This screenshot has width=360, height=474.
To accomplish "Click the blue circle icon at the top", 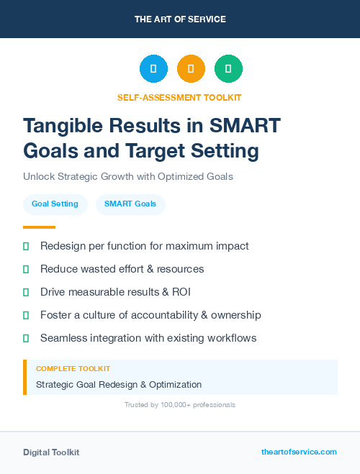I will coord(153,69).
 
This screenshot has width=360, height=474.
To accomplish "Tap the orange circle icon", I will coord(191,69).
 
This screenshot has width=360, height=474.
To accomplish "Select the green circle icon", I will coord(228,69).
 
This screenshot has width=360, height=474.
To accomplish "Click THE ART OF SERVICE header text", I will coord(180,19).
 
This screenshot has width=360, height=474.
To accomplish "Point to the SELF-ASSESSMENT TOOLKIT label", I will coord(179,97).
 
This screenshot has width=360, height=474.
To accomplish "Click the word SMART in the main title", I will coord(245,126).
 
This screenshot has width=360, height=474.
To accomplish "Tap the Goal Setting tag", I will coord(55,204).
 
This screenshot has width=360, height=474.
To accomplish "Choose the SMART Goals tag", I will coord(130,204).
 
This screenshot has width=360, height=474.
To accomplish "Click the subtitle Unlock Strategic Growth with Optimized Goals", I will coord(128,176).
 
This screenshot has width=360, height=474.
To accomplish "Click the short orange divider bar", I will coord(39,227).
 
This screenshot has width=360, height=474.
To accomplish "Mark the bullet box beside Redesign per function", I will coord(26,246).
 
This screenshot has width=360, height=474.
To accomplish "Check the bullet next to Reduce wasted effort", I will coord(26,269).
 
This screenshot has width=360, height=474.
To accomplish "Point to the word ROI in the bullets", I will coord(180,292).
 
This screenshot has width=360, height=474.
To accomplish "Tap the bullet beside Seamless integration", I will coord(26,338).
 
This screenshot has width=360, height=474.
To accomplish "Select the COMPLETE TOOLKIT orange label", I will coord(73,368).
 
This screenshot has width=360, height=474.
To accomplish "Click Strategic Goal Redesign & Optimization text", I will coord(119,385).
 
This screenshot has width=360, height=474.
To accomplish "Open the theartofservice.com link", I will coord(299,452).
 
